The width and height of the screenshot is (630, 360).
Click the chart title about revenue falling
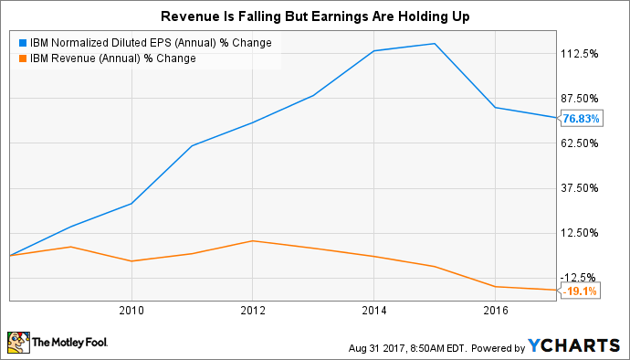tap(315, 16)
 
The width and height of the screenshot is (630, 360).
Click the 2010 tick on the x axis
tap(131, 310)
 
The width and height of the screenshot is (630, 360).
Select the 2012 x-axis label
tap(253, 310)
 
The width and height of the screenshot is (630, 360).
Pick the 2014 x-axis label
tap(374, 310)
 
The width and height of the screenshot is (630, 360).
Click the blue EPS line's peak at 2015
tap(435, 44)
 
